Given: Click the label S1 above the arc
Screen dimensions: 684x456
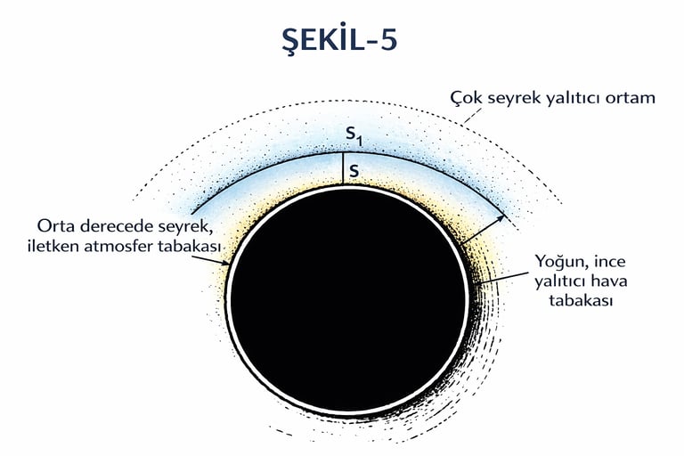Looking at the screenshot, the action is [354, 137].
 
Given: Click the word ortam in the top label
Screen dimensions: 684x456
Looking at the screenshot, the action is [630, 98].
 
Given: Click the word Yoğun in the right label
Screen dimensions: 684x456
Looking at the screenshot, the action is [559, 262].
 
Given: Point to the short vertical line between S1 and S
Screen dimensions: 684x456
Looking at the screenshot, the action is [342, 168].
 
